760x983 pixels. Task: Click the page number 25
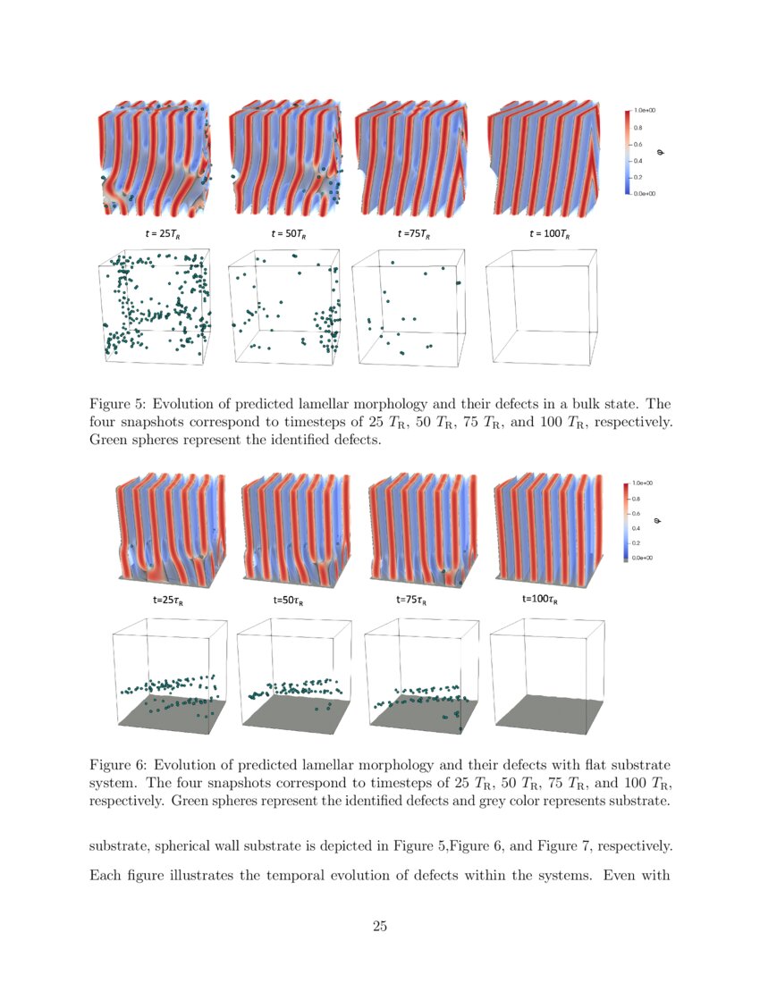pyautogui.click(x=380, y=926)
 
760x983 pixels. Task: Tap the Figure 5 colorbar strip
pyautogui.click(x=628, y=151)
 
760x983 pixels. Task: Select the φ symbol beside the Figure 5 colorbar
pyautogui.click(x=661, y=152)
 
